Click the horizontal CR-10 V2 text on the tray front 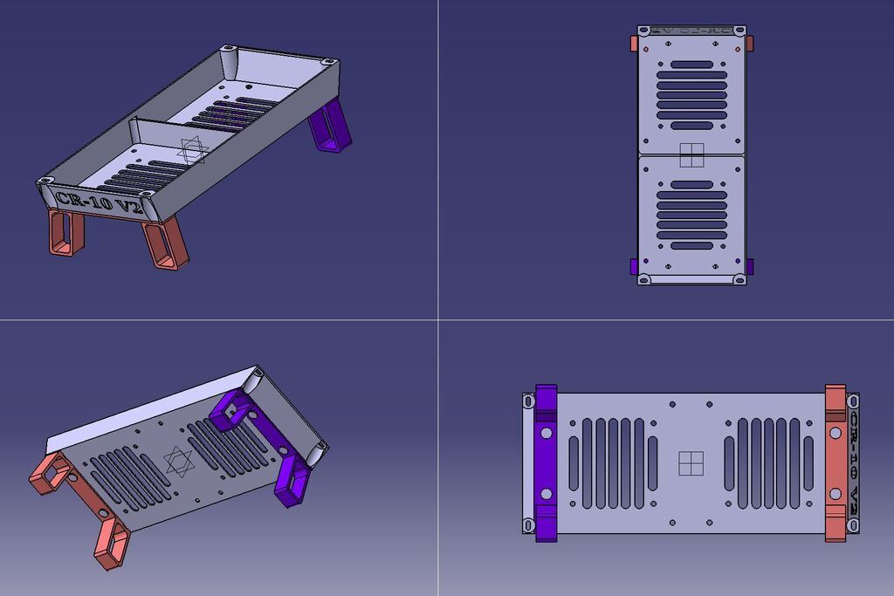click(98, 202)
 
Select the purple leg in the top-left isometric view click(332, 127)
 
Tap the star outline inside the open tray click(193, 150)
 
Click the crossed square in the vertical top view click(691, 154)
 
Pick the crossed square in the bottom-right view click(691, 463)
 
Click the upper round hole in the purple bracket click(546, 433)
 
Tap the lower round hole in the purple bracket click(546, 494)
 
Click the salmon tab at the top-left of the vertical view click(634, 43)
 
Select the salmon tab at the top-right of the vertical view click(750, 43)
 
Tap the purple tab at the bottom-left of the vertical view click(634, 265)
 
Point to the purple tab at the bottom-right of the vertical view click(750, 265)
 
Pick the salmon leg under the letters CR click(65, 233)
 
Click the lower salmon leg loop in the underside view click(111, 541)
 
